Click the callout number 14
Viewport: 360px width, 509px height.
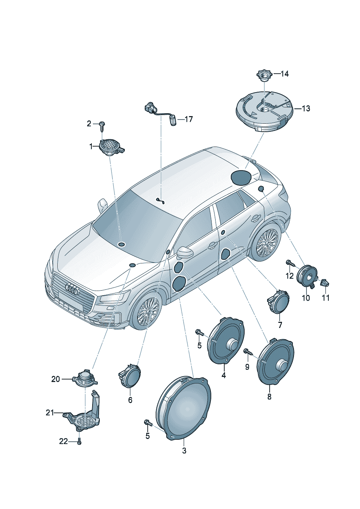284,74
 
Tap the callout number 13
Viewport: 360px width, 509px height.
306,108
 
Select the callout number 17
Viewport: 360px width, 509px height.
188,119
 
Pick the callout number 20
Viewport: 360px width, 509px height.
56,379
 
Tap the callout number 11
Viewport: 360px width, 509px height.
326,298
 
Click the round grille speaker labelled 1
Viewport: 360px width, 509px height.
111,147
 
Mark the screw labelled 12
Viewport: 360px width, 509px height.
291,263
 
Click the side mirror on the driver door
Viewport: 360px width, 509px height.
185,252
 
